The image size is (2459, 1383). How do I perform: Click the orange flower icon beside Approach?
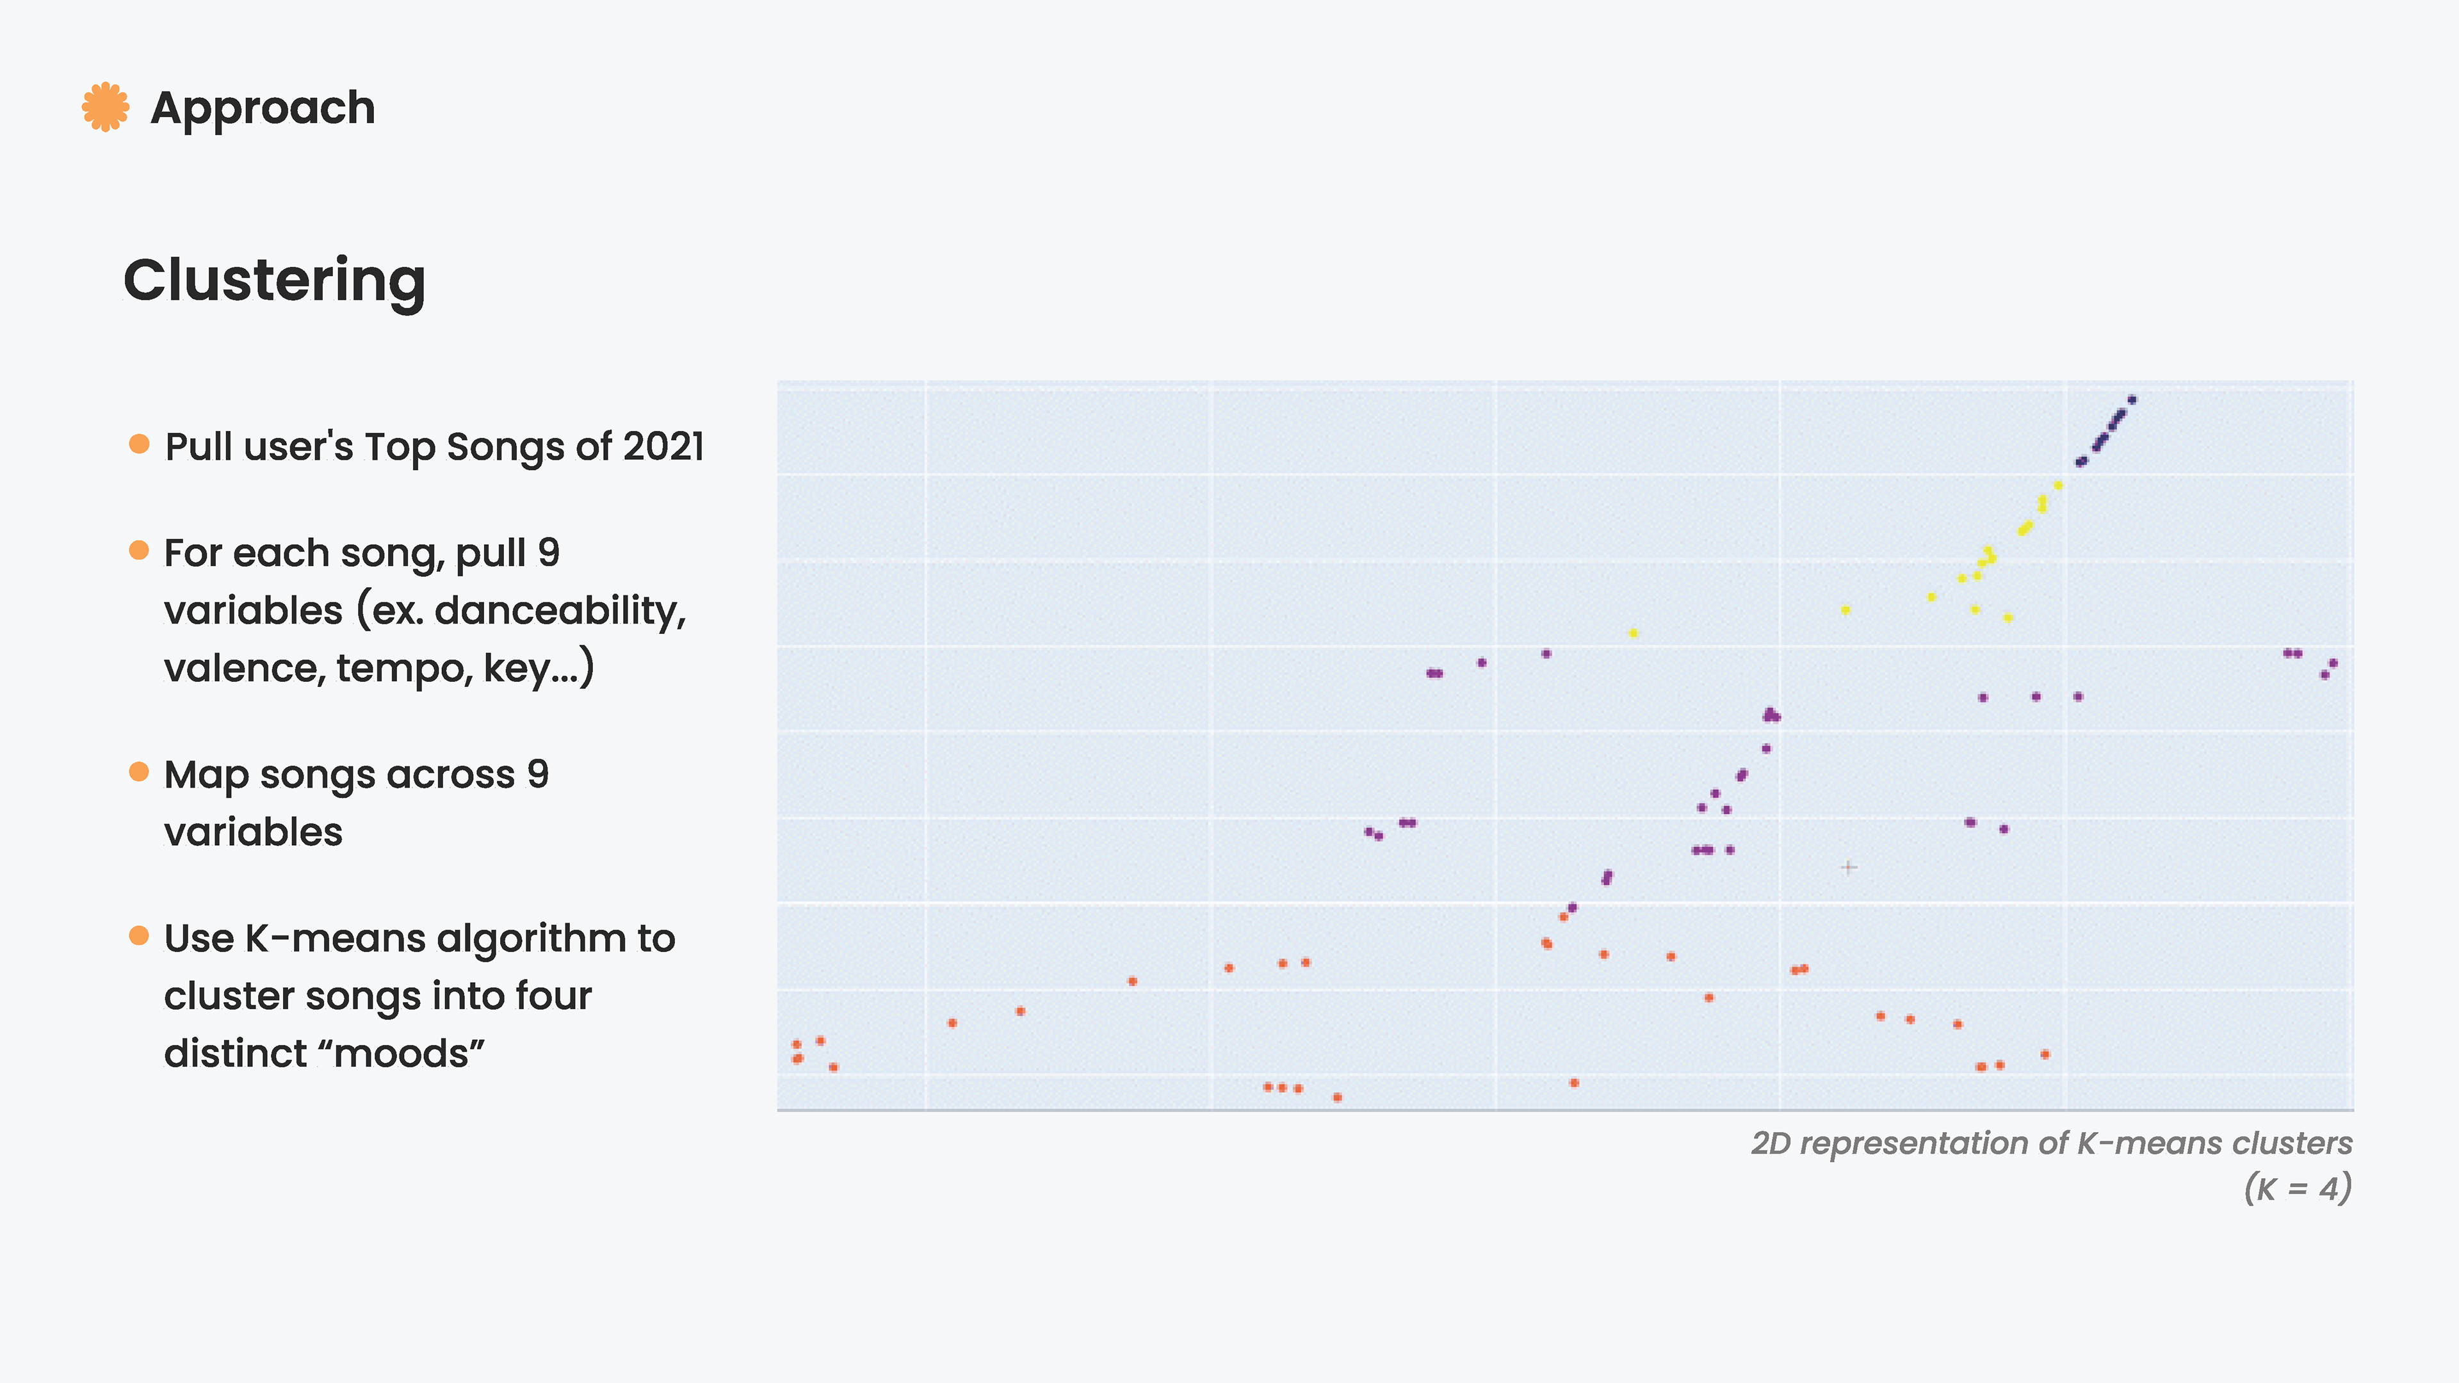[105, 107]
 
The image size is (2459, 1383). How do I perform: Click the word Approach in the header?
[263, 108]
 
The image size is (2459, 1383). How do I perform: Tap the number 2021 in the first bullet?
[663, 447]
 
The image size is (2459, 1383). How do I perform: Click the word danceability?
[560, 611]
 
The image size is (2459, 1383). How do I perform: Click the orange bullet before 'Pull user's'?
[140, 444]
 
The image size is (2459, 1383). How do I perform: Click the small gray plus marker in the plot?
[1849, 868]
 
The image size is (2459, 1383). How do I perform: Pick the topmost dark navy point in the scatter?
[2132, 400]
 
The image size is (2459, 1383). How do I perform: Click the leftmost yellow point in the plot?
[1634, 633]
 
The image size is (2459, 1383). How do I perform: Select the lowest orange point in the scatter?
[1337, 1097]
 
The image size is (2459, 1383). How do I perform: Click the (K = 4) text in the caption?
[2298, 1188]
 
